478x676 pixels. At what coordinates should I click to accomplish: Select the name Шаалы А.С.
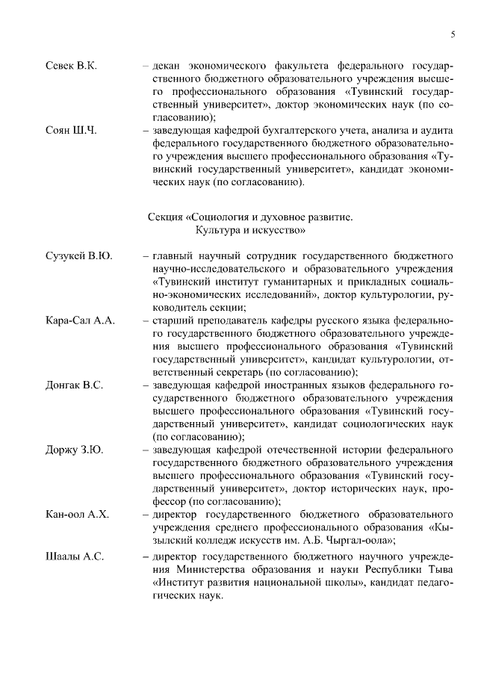tap(75, 557)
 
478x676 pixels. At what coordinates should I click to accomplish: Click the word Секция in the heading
tap(165, 217)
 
